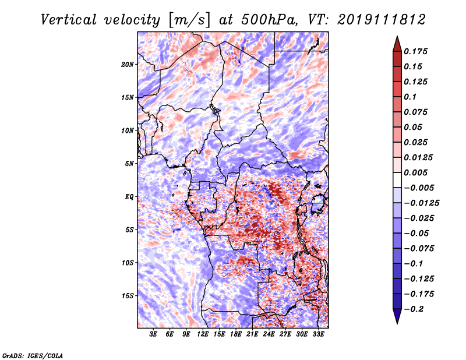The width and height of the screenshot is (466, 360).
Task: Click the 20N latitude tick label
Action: coord(128,65)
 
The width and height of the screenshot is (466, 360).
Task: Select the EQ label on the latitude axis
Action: coord(129,197)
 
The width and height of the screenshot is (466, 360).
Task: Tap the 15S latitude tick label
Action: coord(128,296)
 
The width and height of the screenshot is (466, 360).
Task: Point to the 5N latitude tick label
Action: coord(129,164)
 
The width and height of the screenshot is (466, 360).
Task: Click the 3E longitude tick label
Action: coord(153,334)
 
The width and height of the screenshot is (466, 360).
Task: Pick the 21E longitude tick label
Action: coord(252,334)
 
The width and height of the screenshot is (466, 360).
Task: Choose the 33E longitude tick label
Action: coord(318,334)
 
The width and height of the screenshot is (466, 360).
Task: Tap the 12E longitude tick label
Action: coord(203,334)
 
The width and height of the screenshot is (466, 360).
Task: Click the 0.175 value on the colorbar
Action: coord(415,51)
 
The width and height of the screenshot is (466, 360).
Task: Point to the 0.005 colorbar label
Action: coord(415,172)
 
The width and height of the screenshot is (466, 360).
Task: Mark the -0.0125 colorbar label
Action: coord(421,203)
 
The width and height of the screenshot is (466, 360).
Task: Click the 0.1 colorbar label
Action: coord(410,97)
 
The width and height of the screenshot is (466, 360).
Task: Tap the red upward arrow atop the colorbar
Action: coord(397,44)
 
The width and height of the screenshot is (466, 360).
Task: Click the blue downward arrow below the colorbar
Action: coord(397,316)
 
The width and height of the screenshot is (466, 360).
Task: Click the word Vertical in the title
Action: coord(69,20)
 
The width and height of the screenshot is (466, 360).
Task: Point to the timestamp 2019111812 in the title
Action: coord(382,20)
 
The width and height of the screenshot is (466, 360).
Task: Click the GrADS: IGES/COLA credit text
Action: coord(33,355)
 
